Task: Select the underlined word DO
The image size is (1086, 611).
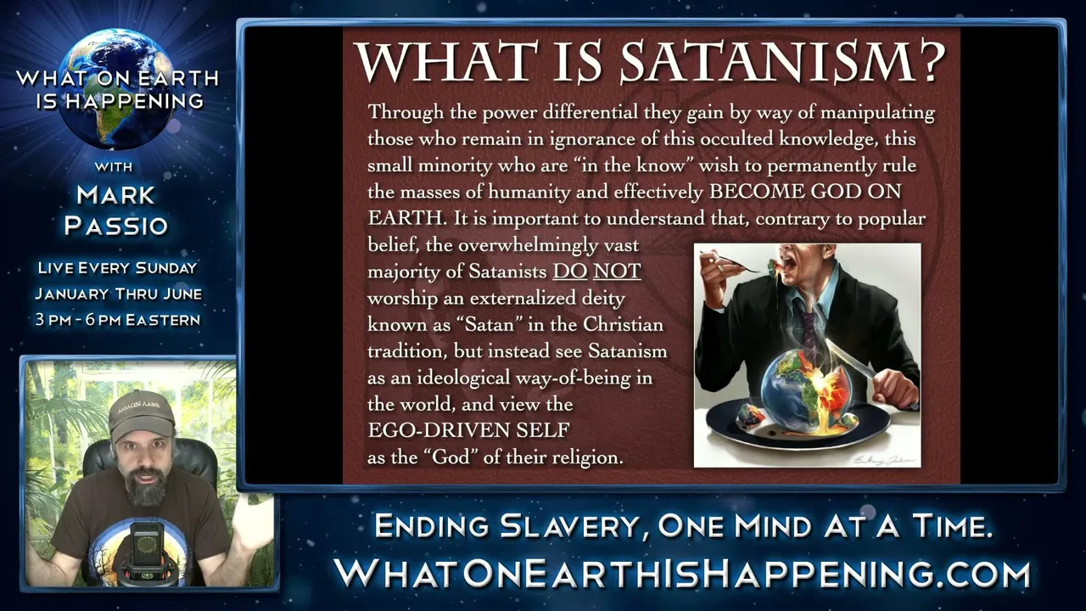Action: [570, 271]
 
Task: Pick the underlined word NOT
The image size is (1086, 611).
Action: [617, 271]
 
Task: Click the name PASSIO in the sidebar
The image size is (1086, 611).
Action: [116, 226]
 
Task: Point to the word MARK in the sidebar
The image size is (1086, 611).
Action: [115, 195]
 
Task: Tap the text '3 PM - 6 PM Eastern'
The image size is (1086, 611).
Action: [118, 320]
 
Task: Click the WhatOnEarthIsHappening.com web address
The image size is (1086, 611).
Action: [682, 573]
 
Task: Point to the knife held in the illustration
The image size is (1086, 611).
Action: [853, 362]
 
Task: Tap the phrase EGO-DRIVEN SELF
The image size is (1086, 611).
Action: [468, 430]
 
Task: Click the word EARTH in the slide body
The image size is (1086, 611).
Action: [406, 218]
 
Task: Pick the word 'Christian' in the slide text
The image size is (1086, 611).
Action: [623, 324]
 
